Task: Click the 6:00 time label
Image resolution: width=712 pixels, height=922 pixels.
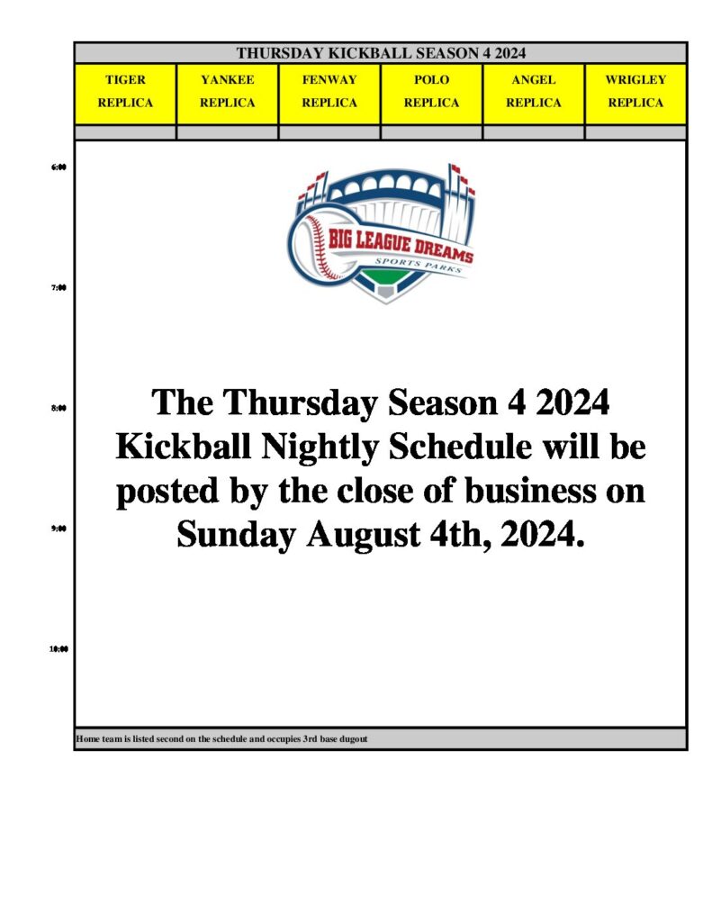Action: pyautogui.click(x=59, y=167)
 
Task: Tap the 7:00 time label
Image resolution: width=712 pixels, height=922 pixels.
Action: pyautogui.click(x=59, y=287)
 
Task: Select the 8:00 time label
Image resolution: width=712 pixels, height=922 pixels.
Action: pyautogui.click(x=59, y=408)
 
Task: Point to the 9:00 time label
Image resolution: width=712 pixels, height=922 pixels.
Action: pyautogui.click(x=59, y=528)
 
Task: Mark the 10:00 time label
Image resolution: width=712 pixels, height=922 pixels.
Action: pyautogui.click(x=59, y=649)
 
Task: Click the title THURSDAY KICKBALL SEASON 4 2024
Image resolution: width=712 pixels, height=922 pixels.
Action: pyautogui.click(x=381, y=53)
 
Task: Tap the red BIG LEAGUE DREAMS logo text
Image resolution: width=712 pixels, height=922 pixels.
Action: pyautogui.click(x=401, y=246)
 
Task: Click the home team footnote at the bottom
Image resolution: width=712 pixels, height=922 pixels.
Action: pyautogui.click(x=221, y=739)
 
